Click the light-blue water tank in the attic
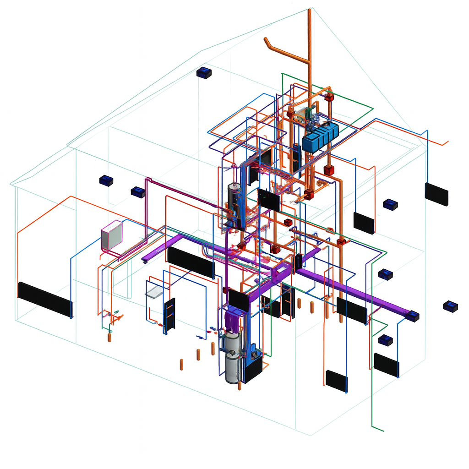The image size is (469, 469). coord(320,136)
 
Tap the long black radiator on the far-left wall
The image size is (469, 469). coord(45,299)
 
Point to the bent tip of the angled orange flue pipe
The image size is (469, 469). coord(267,41)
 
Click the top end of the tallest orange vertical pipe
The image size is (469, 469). coord(311,10)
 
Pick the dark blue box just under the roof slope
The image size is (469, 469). coord(204,72)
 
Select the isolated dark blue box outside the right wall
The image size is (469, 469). coord(450,306)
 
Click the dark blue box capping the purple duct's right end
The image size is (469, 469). coord(413,316)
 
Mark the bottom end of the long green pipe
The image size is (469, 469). coord(383,430)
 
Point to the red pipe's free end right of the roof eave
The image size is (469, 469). coord(447,143)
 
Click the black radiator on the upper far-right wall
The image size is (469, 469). coord(436,194)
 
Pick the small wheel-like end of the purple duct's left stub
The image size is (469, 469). coord(145,262)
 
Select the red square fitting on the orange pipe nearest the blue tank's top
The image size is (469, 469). coord(329,98)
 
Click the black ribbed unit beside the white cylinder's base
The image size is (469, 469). coord(253,369)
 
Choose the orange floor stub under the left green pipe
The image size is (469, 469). coord(109,338)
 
